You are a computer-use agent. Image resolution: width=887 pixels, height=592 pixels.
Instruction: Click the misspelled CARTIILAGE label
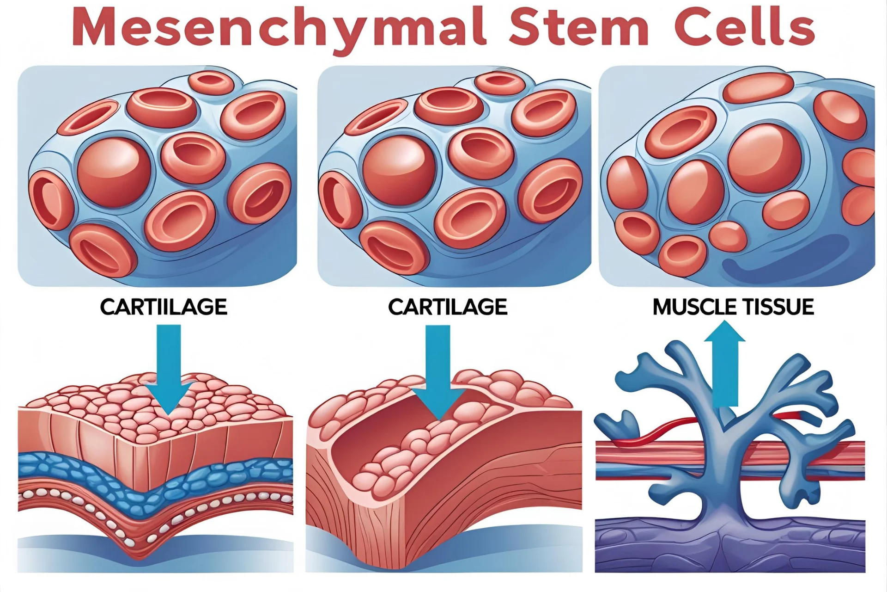coord(164,307)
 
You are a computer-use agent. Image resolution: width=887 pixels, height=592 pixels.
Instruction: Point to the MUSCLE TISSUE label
coord(733,307)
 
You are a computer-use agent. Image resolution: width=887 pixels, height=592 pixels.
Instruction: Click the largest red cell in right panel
coord(764,157)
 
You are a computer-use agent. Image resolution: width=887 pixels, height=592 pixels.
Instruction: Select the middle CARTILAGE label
coord(447,307)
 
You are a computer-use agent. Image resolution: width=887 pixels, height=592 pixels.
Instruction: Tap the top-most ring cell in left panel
coord(211,83)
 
